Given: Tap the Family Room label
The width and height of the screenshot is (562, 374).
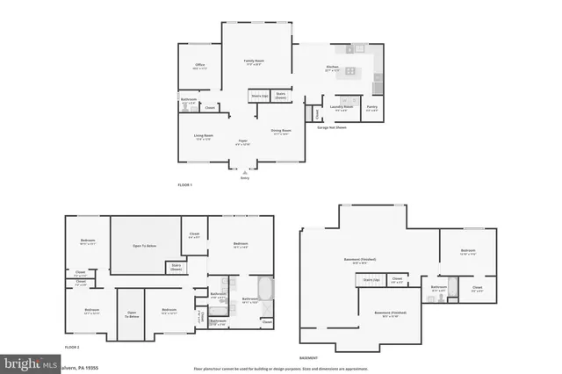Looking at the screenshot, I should point(254,61).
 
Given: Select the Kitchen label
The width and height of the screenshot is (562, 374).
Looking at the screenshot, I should point(333,68).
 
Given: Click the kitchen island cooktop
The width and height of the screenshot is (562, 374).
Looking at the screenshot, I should point(350,71).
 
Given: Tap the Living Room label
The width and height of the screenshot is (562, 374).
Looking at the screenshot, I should point(203,136).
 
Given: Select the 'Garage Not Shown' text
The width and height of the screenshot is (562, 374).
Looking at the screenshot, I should point(334,126).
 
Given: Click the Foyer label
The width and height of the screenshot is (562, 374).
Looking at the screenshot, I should point(243,141).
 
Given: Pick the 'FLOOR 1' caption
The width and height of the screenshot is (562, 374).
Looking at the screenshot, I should point(184,185).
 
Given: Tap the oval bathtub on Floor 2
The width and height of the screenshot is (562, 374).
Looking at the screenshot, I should point(265,288).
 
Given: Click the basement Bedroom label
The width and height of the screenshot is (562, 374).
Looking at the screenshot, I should point(467,252).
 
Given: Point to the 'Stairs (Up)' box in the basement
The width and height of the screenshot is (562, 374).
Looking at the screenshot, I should point(371,281).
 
